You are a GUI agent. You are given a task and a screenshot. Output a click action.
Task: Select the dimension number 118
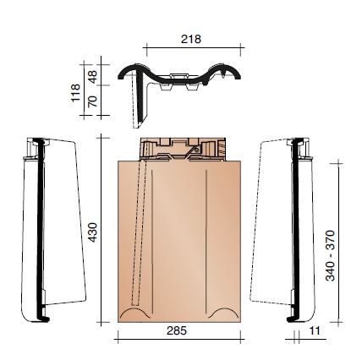click(74, 92)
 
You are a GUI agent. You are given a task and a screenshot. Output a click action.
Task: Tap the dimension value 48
click(94, 75)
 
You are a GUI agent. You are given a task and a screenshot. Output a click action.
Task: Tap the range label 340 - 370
click(331, 256)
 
